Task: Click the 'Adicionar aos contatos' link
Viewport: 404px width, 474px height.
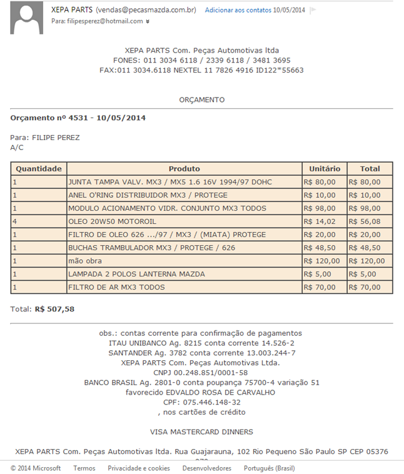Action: (238, 11)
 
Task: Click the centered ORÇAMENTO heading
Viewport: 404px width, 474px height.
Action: (201, 100)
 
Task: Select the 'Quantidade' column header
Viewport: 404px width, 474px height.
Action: (39, 169)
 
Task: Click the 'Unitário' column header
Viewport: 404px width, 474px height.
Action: (325, 169)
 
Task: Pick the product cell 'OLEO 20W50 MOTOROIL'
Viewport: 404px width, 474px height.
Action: (113, 221)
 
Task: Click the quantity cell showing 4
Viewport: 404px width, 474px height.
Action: (14, 221)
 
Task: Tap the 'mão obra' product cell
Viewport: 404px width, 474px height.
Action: (85, 261)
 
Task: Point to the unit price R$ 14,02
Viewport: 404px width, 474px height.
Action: (320, 221)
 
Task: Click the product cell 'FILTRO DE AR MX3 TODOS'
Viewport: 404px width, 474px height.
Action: (116, 287)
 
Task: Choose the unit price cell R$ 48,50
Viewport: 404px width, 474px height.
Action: (320, 248)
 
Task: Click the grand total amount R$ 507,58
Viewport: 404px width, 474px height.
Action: (54, 309)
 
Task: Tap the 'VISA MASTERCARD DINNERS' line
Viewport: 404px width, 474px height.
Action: (201, 432)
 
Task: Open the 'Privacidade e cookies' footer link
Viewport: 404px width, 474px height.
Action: (138, 468)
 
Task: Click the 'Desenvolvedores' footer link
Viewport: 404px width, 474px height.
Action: (206, 468)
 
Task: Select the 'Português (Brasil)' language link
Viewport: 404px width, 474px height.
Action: (269, 468)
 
